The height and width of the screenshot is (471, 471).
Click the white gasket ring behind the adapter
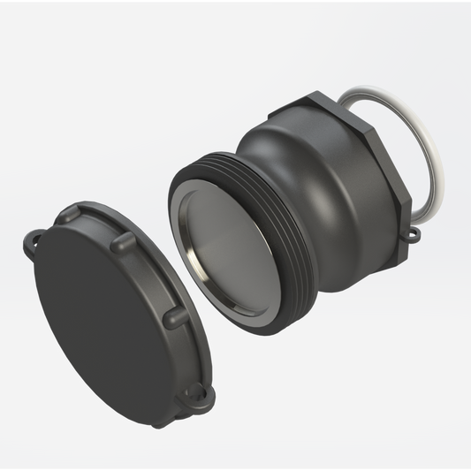tap(434, 159)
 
